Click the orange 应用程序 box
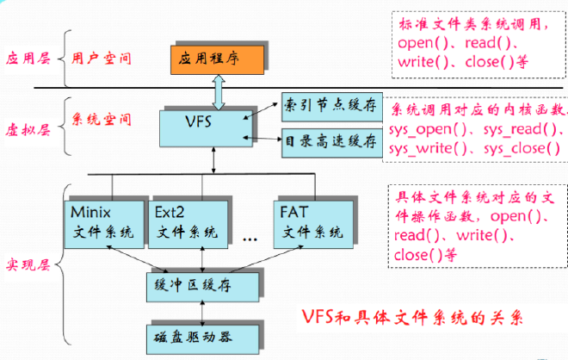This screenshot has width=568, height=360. click(218, 59)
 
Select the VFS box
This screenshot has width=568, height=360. click(206, 128)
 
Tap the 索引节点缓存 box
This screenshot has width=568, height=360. click(332, 107)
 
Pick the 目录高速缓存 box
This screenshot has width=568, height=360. click(332, 142)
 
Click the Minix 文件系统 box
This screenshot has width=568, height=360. click(104, 225)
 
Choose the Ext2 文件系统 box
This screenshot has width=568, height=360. click(188, 225)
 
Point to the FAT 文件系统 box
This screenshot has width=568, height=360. click(313, 225)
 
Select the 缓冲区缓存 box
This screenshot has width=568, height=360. click(202, 287)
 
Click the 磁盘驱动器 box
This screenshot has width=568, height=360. click(202, 339)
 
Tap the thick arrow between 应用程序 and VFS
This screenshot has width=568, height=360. click(219, 92)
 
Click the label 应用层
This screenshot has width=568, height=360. click(28, 58)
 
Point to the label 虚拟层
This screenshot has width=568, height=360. click(28, 130)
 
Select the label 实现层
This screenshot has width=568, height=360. click(28, 265)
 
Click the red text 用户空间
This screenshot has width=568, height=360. click(101, 58)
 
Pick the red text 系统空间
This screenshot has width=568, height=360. click(101, 119)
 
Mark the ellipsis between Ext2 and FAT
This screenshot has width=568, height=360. click(250, 239)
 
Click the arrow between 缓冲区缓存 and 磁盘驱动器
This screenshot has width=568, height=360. click(202, 313)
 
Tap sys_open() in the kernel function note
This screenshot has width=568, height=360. click(428, 130)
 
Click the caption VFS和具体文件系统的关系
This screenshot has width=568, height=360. click(412, 318)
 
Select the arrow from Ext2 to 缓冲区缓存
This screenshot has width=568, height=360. click(202, 259)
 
